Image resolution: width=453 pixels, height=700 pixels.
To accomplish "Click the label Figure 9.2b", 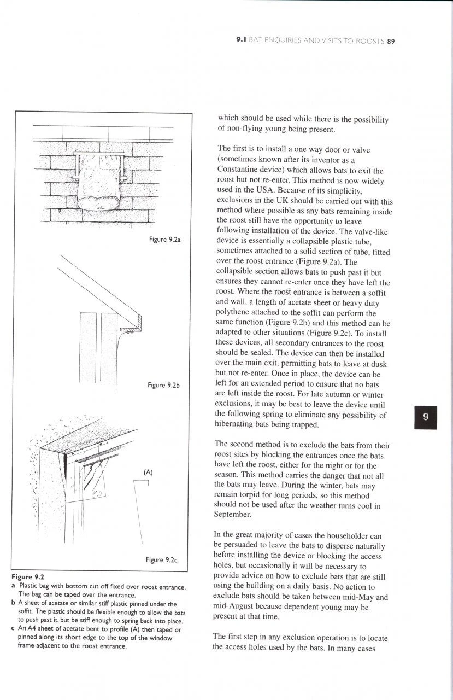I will pos(163,385).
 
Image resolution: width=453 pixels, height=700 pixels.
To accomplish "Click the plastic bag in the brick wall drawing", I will pos(98,180).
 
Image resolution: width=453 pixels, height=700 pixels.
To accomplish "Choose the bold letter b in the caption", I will pos(13,603).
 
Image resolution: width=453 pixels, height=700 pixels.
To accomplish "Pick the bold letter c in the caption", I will pos(13,629).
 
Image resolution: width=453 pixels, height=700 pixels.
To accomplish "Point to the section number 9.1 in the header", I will pos(240,40).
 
